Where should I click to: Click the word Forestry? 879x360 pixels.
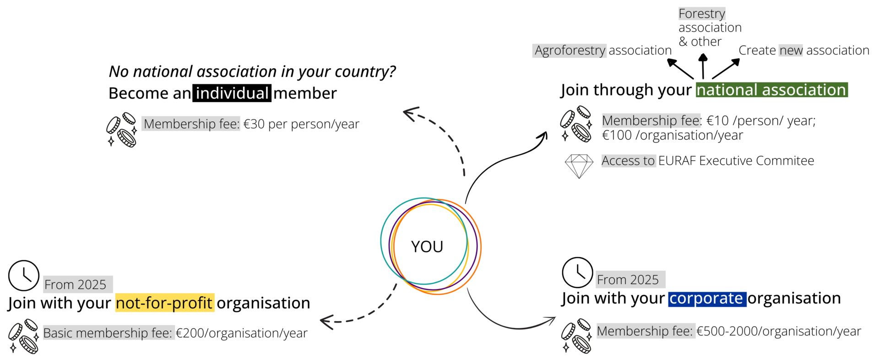pos(702,14)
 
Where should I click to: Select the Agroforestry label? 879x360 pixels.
pos(570,50)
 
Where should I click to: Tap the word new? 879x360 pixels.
pos(791,50)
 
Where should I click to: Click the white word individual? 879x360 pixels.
pos(232,93)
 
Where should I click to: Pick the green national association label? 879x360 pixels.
pos(771,90)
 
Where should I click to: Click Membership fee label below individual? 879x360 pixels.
pos(191,124)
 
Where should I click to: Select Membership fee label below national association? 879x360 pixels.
pos(651,120)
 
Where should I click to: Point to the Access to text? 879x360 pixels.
pos(628,161)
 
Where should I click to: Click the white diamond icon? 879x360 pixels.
pos(579,165)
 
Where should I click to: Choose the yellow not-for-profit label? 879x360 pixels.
pos(165,303)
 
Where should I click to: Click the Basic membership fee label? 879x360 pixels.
pos(109,333)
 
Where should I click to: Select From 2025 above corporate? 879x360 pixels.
pos(630,279)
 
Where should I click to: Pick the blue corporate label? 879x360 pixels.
pos(707,299)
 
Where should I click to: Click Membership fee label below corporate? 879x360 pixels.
pos(646,331)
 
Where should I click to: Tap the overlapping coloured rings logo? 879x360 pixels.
pos(430,246)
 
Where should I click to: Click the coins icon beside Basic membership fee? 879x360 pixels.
pos(23,337)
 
